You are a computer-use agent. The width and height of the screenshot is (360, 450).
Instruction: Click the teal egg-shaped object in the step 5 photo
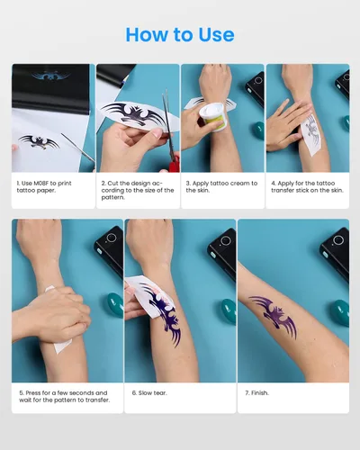click(x=114, y=303)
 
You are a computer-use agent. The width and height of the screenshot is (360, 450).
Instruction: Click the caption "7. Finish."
click(x=260, y=392)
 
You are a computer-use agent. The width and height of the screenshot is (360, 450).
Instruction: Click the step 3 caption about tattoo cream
click(x=221, y=187)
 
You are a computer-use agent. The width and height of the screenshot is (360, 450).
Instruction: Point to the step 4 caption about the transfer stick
click(x=307, y=187)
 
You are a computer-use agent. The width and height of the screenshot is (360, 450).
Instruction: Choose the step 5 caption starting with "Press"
click(x=63, y=396)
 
